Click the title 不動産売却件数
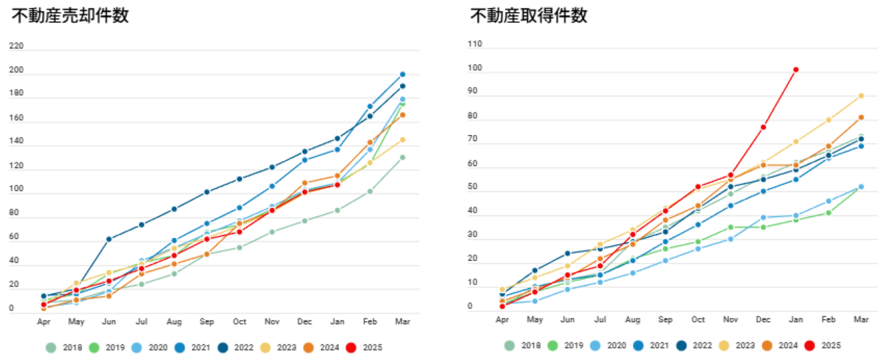coord(70,16)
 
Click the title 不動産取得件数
coord(529,16)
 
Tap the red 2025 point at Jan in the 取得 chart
coord(795,70)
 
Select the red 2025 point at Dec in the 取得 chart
coord(763,127)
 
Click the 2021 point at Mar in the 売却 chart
coord(402,74)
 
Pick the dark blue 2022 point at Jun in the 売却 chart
coord(108,239)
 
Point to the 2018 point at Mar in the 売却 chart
coord(402,157)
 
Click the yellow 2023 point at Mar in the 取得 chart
coord(861,96)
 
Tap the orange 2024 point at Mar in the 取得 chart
coord(861,117)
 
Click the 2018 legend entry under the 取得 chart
coord(522,346)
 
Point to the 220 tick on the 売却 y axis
coord(16,47)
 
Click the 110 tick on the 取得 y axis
coord(475,44)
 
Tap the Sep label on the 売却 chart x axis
coord(207,320)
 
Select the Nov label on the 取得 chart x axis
coord(730,318)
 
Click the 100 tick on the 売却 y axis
coord(16,189)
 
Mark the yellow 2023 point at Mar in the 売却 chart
coord(402,140)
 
